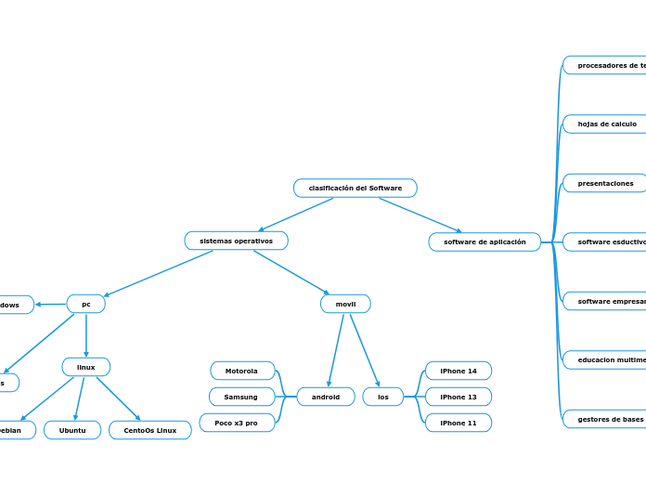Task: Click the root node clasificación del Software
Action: click(x=355, y=189)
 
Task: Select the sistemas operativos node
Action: click(x=237, y=241)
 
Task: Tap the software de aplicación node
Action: click(x=484, y=242)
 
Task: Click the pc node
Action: click(x=86, y=304)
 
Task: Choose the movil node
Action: click(x=345, y=304)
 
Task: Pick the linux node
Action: click(x=86, y=367)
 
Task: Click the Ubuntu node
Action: click(x=72, y=430)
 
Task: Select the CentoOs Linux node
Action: click(x=150, y=430)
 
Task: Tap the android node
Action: click(x=326, y=397)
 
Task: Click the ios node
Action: click(x=383, y=397)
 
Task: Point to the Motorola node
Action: click(x=242, y=371)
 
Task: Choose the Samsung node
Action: click(x=241, y=397)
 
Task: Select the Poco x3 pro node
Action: click(x=237, y=423)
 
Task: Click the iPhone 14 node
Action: click(x=459, y=371)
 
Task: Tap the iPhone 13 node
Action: click(x=459, y=397)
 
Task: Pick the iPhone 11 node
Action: click(x=459, y=423)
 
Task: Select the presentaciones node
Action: click(x=605, y=183)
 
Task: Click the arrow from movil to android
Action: click(x=336, y=349)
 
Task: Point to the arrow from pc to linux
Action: click(x=86, y=335)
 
